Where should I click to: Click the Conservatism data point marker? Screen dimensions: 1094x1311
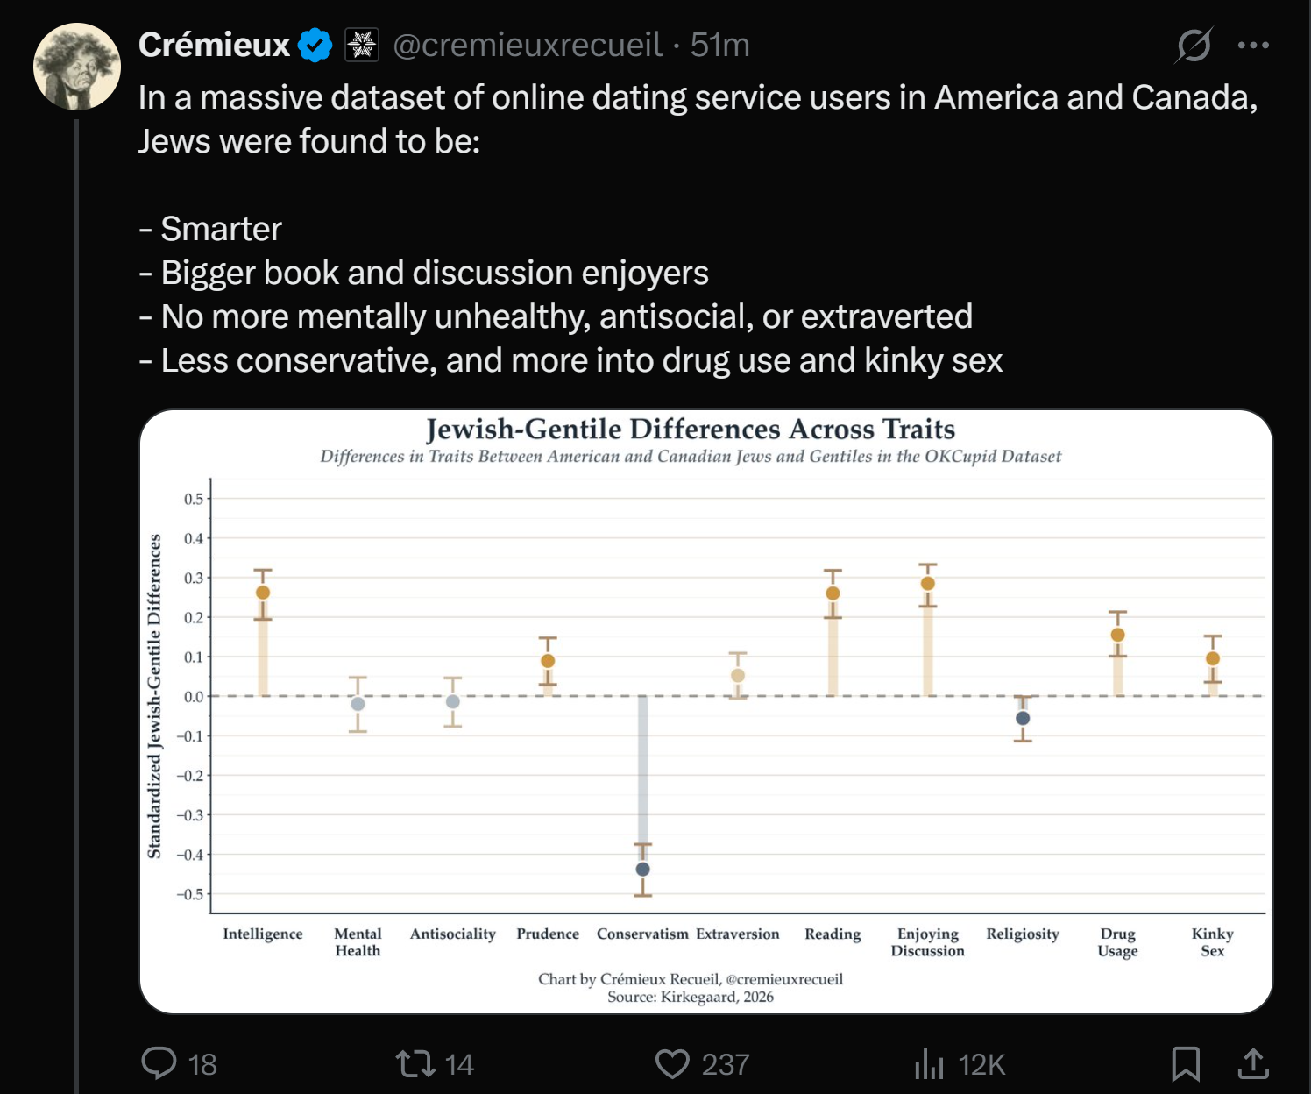click(x=642, y=869)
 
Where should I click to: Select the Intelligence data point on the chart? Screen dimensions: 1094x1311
click(x=263, y=593)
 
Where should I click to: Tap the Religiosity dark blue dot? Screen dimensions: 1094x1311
click(x=1023, y=718)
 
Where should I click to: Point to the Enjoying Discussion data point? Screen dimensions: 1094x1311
click(x=928, y=584)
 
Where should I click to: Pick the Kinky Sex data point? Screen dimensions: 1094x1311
click(x=1213, y=658)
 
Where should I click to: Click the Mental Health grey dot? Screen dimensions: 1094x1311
click(x=358, y=704)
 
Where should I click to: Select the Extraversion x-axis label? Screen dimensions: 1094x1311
click(x=738, y=934)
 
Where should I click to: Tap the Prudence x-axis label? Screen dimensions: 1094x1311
click(x=548, y=934)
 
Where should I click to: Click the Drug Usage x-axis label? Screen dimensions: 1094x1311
click(x=1117, y=941)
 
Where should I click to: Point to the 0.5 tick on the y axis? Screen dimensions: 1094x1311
click(x=194, y=499)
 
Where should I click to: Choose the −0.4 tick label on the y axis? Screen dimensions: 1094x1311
click(x=190, y=855)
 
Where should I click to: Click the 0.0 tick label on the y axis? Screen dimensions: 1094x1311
click(x=194, y=697)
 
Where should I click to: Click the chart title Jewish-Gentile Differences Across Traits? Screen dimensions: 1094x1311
click(x=691, y=430)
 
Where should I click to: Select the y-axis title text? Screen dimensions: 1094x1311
click(x=155, y=696)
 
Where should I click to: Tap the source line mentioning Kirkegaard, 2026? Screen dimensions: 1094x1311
click(x=691, y=997)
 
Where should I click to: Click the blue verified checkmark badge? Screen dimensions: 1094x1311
click(x=315, y=45)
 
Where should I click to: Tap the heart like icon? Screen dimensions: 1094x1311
click(x=672, y=1063)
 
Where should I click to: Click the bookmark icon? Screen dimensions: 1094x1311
click(x=1186, y=1063)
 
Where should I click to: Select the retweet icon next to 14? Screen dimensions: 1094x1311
click(x=415, y=1063)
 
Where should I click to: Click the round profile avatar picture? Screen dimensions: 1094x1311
click(x=77, y=67)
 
